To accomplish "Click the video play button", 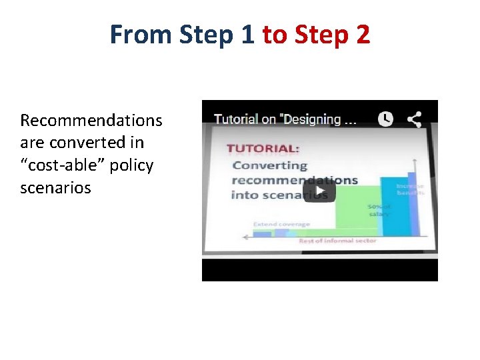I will coord(320,191).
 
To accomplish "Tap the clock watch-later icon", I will coord(385,119).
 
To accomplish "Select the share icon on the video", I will coord(414,119).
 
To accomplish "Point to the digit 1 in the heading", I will coord(248,34).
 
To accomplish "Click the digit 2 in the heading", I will coord(363,34).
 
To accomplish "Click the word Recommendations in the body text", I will coord(91,121).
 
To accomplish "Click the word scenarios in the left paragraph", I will coord(55,188).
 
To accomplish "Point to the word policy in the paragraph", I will coord(131,165).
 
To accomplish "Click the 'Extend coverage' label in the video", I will coord(281,225).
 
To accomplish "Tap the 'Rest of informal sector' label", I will coord(337,241).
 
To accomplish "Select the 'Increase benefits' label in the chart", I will coord(409,189).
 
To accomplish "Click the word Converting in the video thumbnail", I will coord(270,165).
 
